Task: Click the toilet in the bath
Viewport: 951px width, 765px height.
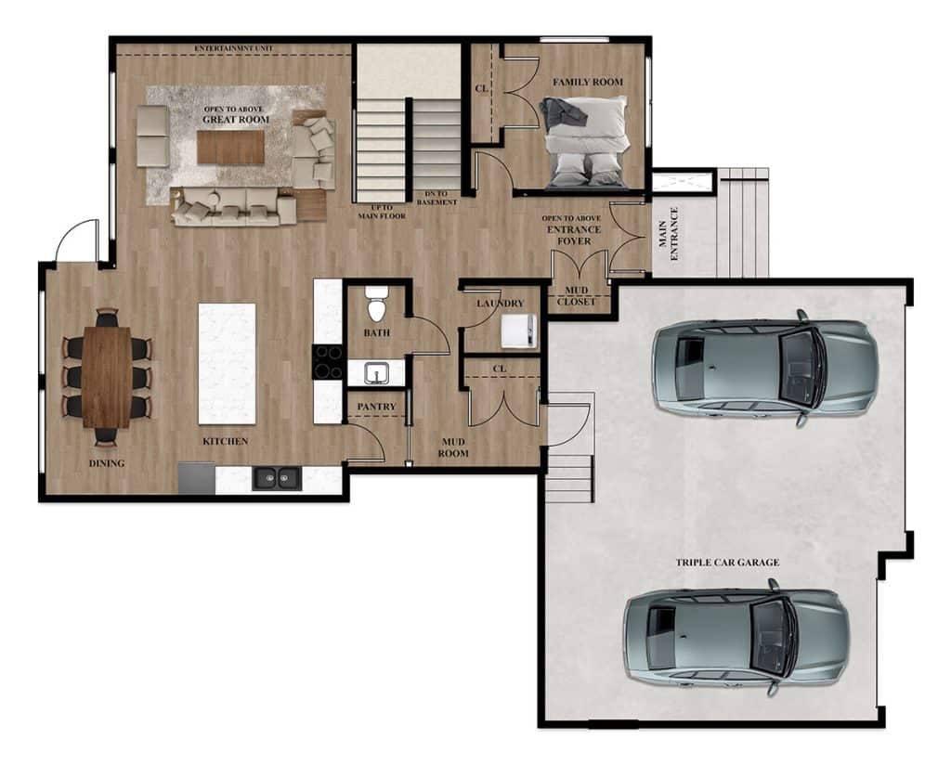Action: pos(377,304)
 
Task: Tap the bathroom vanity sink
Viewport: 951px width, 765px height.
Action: pos(377,373)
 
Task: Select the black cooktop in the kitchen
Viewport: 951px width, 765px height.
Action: pos(328,362)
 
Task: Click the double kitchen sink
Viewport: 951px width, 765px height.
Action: pos(277,478)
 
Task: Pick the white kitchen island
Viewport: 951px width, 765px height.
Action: pos(227,364)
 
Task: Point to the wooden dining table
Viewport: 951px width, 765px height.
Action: pos(107,377)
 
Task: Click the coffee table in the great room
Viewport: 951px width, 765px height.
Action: pos(230,148)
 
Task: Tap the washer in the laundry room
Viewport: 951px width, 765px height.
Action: pos(519,331)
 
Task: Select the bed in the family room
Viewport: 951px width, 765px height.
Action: pos(584,142)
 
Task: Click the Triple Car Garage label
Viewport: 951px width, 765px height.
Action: pos(728,563)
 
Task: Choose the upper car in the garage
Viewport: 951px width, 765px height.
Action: pos(765,367)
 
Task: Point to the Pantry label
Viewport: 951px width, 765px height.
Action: pos(376,407)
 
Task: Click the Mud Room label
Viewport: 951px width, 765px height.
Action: pos(453,447)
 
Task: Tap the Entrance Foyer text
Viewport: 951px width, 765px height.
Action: pos(574,235)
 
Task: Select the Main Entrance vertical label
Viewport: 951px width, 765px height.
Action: pos(668,234)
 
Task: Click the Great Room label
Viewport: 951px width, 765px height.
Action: pos(236,120)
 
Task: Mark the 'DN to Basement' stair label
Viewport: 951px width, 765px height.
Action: pos(436,199)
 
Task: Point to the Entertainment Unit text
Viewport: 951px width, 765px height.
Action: pos(233,48)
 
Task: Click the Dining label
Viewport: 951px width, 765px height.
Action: pos(107,463)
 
